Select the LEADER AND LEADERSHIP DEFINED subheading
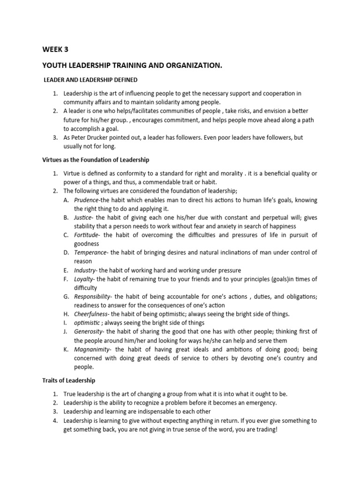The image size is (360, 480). pos(90,80)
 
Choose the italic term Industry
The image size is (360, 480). pos(85,270)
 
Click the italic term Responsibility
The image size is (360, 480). pos(92,297)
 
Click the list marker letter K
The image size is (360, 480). pos(66,350)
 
